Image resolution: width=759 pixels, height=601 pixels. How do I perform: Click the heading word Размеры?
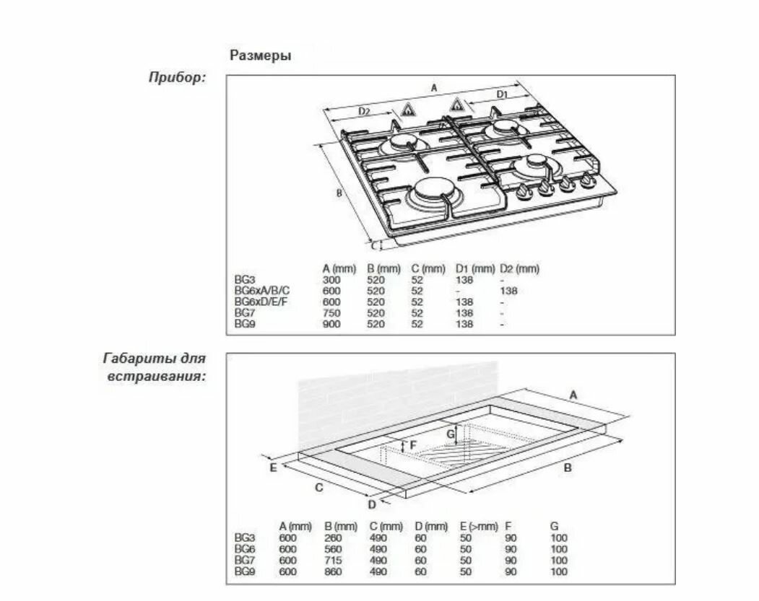pos(261,56)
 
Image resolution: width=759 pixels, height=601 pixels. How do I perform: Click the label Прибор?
pos(177,77)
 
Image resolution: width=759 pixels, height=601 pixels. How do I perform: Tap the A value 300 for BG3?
pos(331,280)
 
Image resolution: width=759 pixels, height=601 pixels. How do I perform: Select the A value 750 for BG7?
pos(331,313)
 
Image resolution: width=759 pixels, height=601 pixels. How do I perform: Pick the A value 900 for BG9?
pos(331,325)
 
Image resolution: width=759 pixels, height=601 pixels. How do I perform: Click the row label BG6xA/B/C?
pos(262,291)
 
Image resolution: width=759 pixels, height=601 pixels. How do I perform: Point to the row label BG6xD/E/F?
pos(261,302)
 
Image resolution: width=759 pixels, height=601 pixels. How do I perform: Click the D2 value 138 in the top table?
pos(508,291)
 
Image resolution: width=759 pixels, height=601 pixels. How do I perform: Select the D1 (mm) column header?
pos(475,268)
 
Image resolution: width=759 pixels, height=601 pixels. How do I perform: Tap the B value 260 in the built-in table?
pos(333,538)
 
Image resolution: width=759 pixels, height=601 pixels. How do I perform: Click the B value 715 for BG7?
pos(333,561)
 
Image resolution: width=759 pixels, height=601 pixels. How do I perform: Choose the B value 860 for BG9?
pos(333,571)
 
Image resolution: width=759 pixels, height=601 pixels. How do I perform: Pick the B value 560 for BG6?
pos(333,549)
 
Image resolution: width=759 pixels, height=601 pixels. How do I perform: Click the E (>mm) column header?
pos(479,527)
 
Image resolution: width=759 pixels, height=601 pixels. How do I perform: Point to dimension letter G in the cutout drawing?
pos(451,434)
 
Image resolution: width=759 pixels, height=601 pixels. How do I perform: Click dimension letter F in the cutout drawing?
pos(413,445)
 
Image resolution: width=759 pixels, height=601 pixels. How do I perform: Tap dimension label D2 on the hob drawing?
pos(364,111)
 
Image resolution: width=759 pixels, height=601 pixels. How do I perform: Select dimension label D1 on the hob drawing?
pos(503,95)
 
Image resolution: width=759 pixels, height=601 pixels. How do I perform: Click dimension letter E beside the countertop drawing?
pos(273,468)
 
